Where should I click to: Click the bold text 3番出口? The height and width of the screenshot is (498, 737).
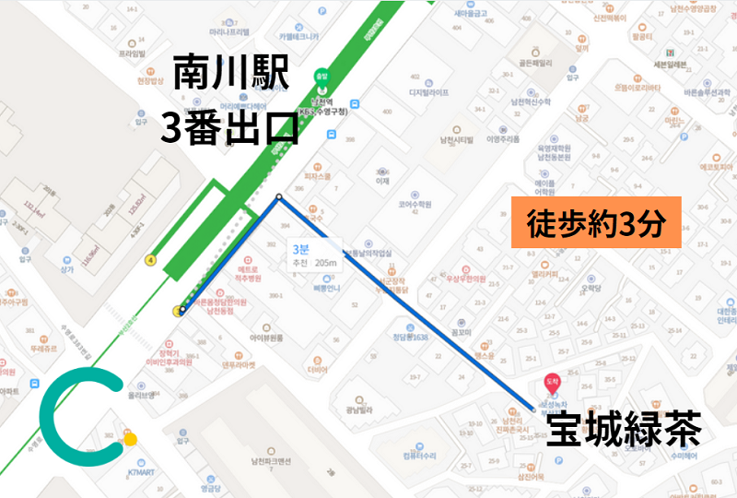pos(229,127)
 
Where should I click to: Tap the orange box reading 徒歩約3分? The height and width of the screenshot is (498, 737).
pos(595,222)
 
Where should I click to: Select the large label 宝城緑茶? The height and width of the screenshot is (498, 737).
pos(624,430)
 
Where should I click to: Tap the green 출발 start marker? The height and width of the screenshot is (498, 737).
pos(322,78)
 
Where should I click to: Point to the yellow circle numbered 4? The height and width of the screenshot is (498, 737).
pos(150,260)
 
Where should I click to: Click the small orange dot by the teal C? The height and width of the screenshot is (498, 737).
pos(131,439)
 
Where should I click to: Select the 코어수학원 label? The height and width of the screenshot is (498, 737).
pos(415,204)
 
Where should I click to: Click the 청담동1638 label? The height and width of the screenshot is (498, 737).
pos(410,338)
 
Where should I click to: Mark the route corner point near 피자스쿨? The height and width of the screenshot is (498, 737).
pos(279,196)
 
